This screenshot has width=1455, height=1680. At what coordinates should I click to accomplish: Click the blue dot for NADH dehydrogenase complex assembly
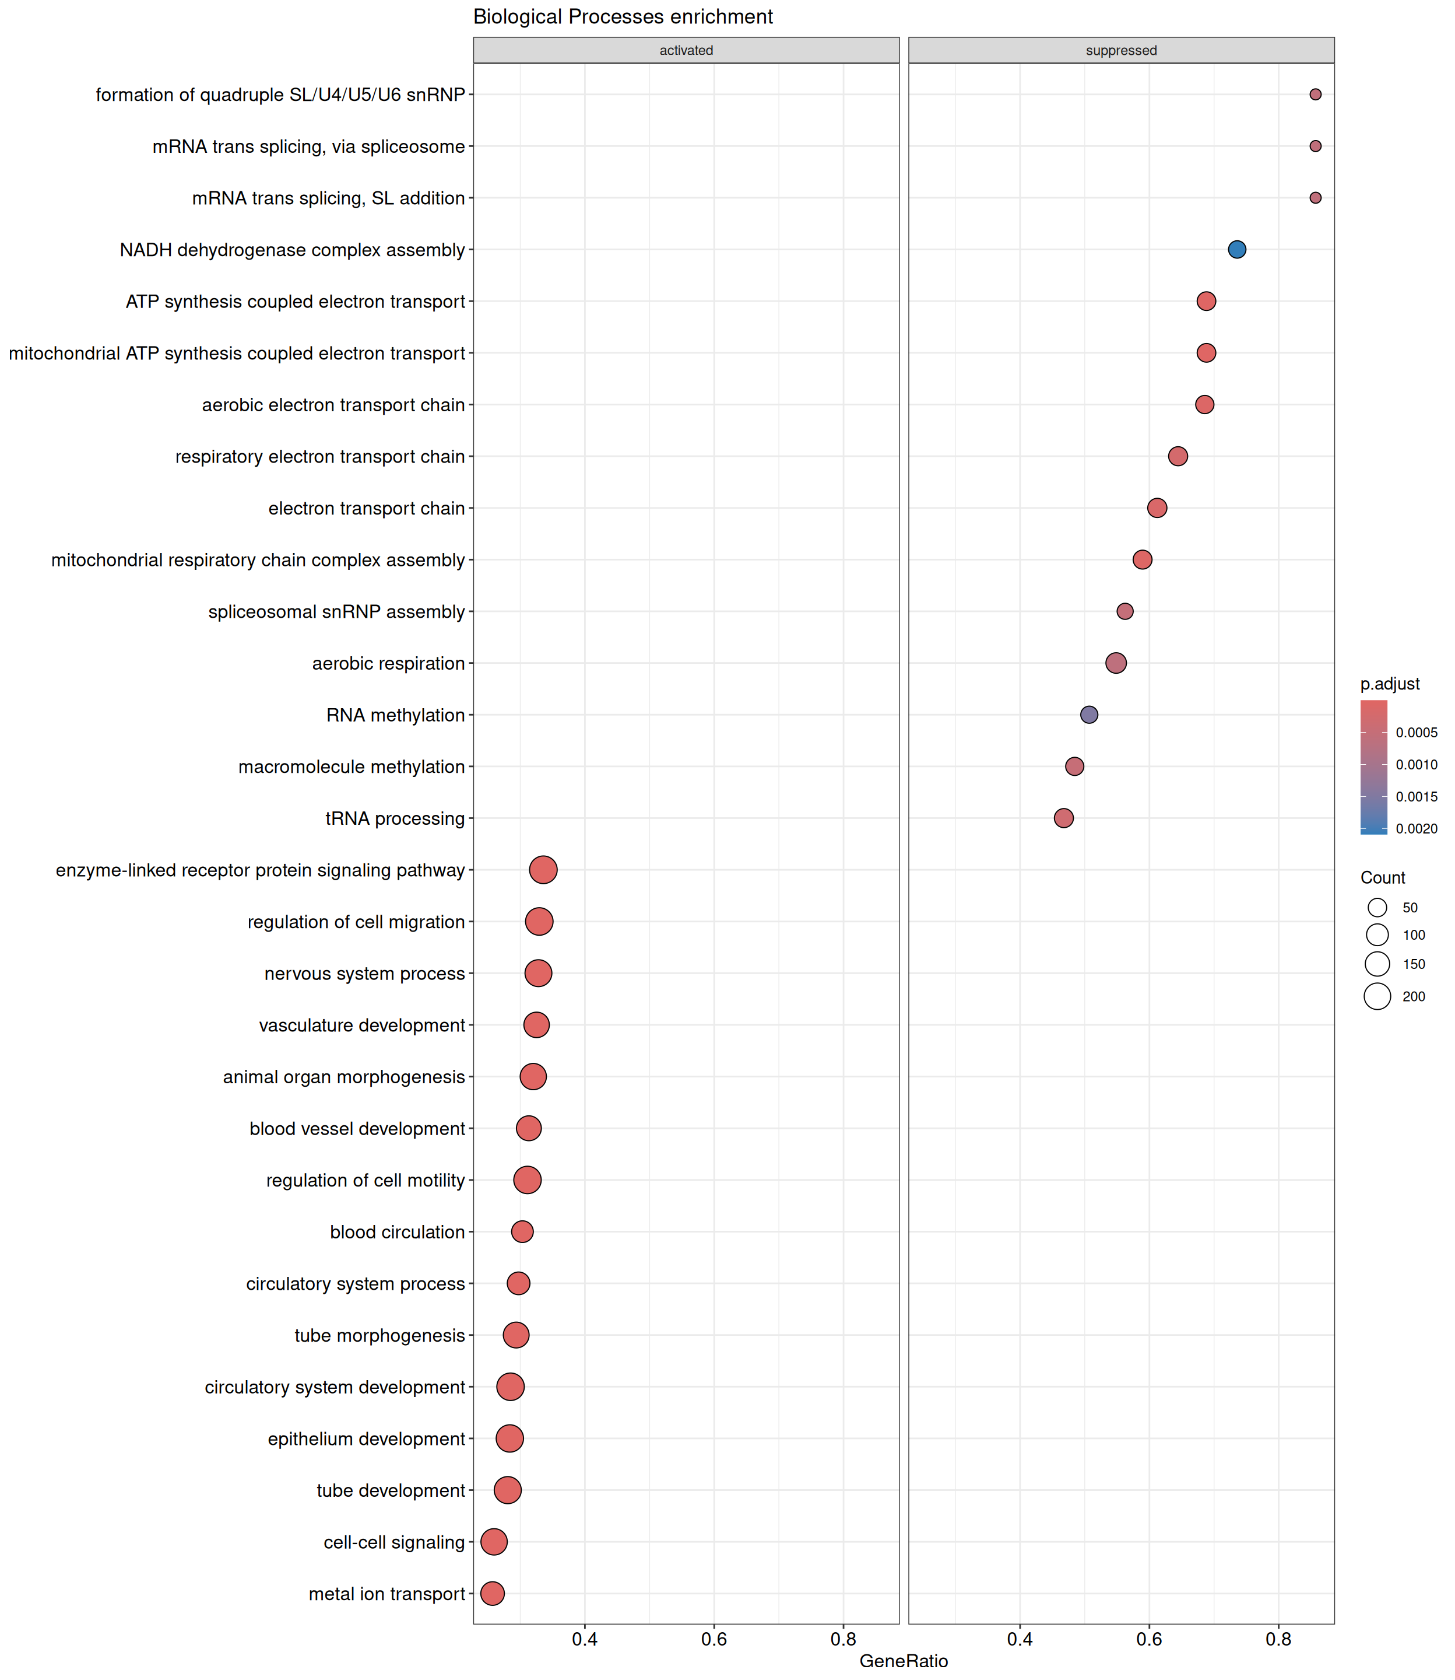[1236, 250]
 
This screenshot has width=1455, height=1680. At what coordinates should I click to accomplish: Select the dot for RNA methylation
[1090, 715]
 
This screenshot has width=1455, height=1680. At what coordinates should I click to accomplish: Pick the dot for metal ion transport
[492, 1593]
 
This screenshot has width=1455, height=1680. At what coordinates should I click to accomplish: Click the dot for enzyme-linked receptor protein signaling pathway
[543, 870]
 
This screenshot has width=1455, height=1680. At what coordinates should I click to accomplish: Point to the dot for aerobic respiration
[1116, 663]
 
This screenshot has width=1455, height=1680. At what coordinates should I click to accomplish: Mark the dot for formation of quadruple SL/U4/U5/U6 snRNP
[1315, 94]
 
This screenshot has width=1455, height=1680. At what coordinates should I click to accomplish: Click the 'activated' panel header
[686, 50]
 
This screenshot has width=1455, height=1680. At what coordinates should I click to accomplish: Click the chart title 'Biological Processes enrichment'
[623, 17]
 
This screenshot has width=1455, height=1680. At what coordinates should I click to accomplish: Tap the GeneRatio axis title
[904, 1661]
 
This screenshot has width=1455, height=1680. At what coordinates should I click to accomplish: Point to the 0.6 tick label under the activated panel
[714, 1639]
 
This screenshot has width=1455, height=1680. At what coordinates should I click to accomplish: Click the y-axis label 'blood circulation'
[397, 1233]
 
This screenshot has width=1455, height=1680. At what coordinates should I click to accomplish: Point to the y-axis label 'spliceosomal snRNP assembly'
[336, 612]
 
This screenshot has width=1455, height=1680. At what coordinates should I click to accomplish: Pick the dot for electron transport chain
[1157, 508]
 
